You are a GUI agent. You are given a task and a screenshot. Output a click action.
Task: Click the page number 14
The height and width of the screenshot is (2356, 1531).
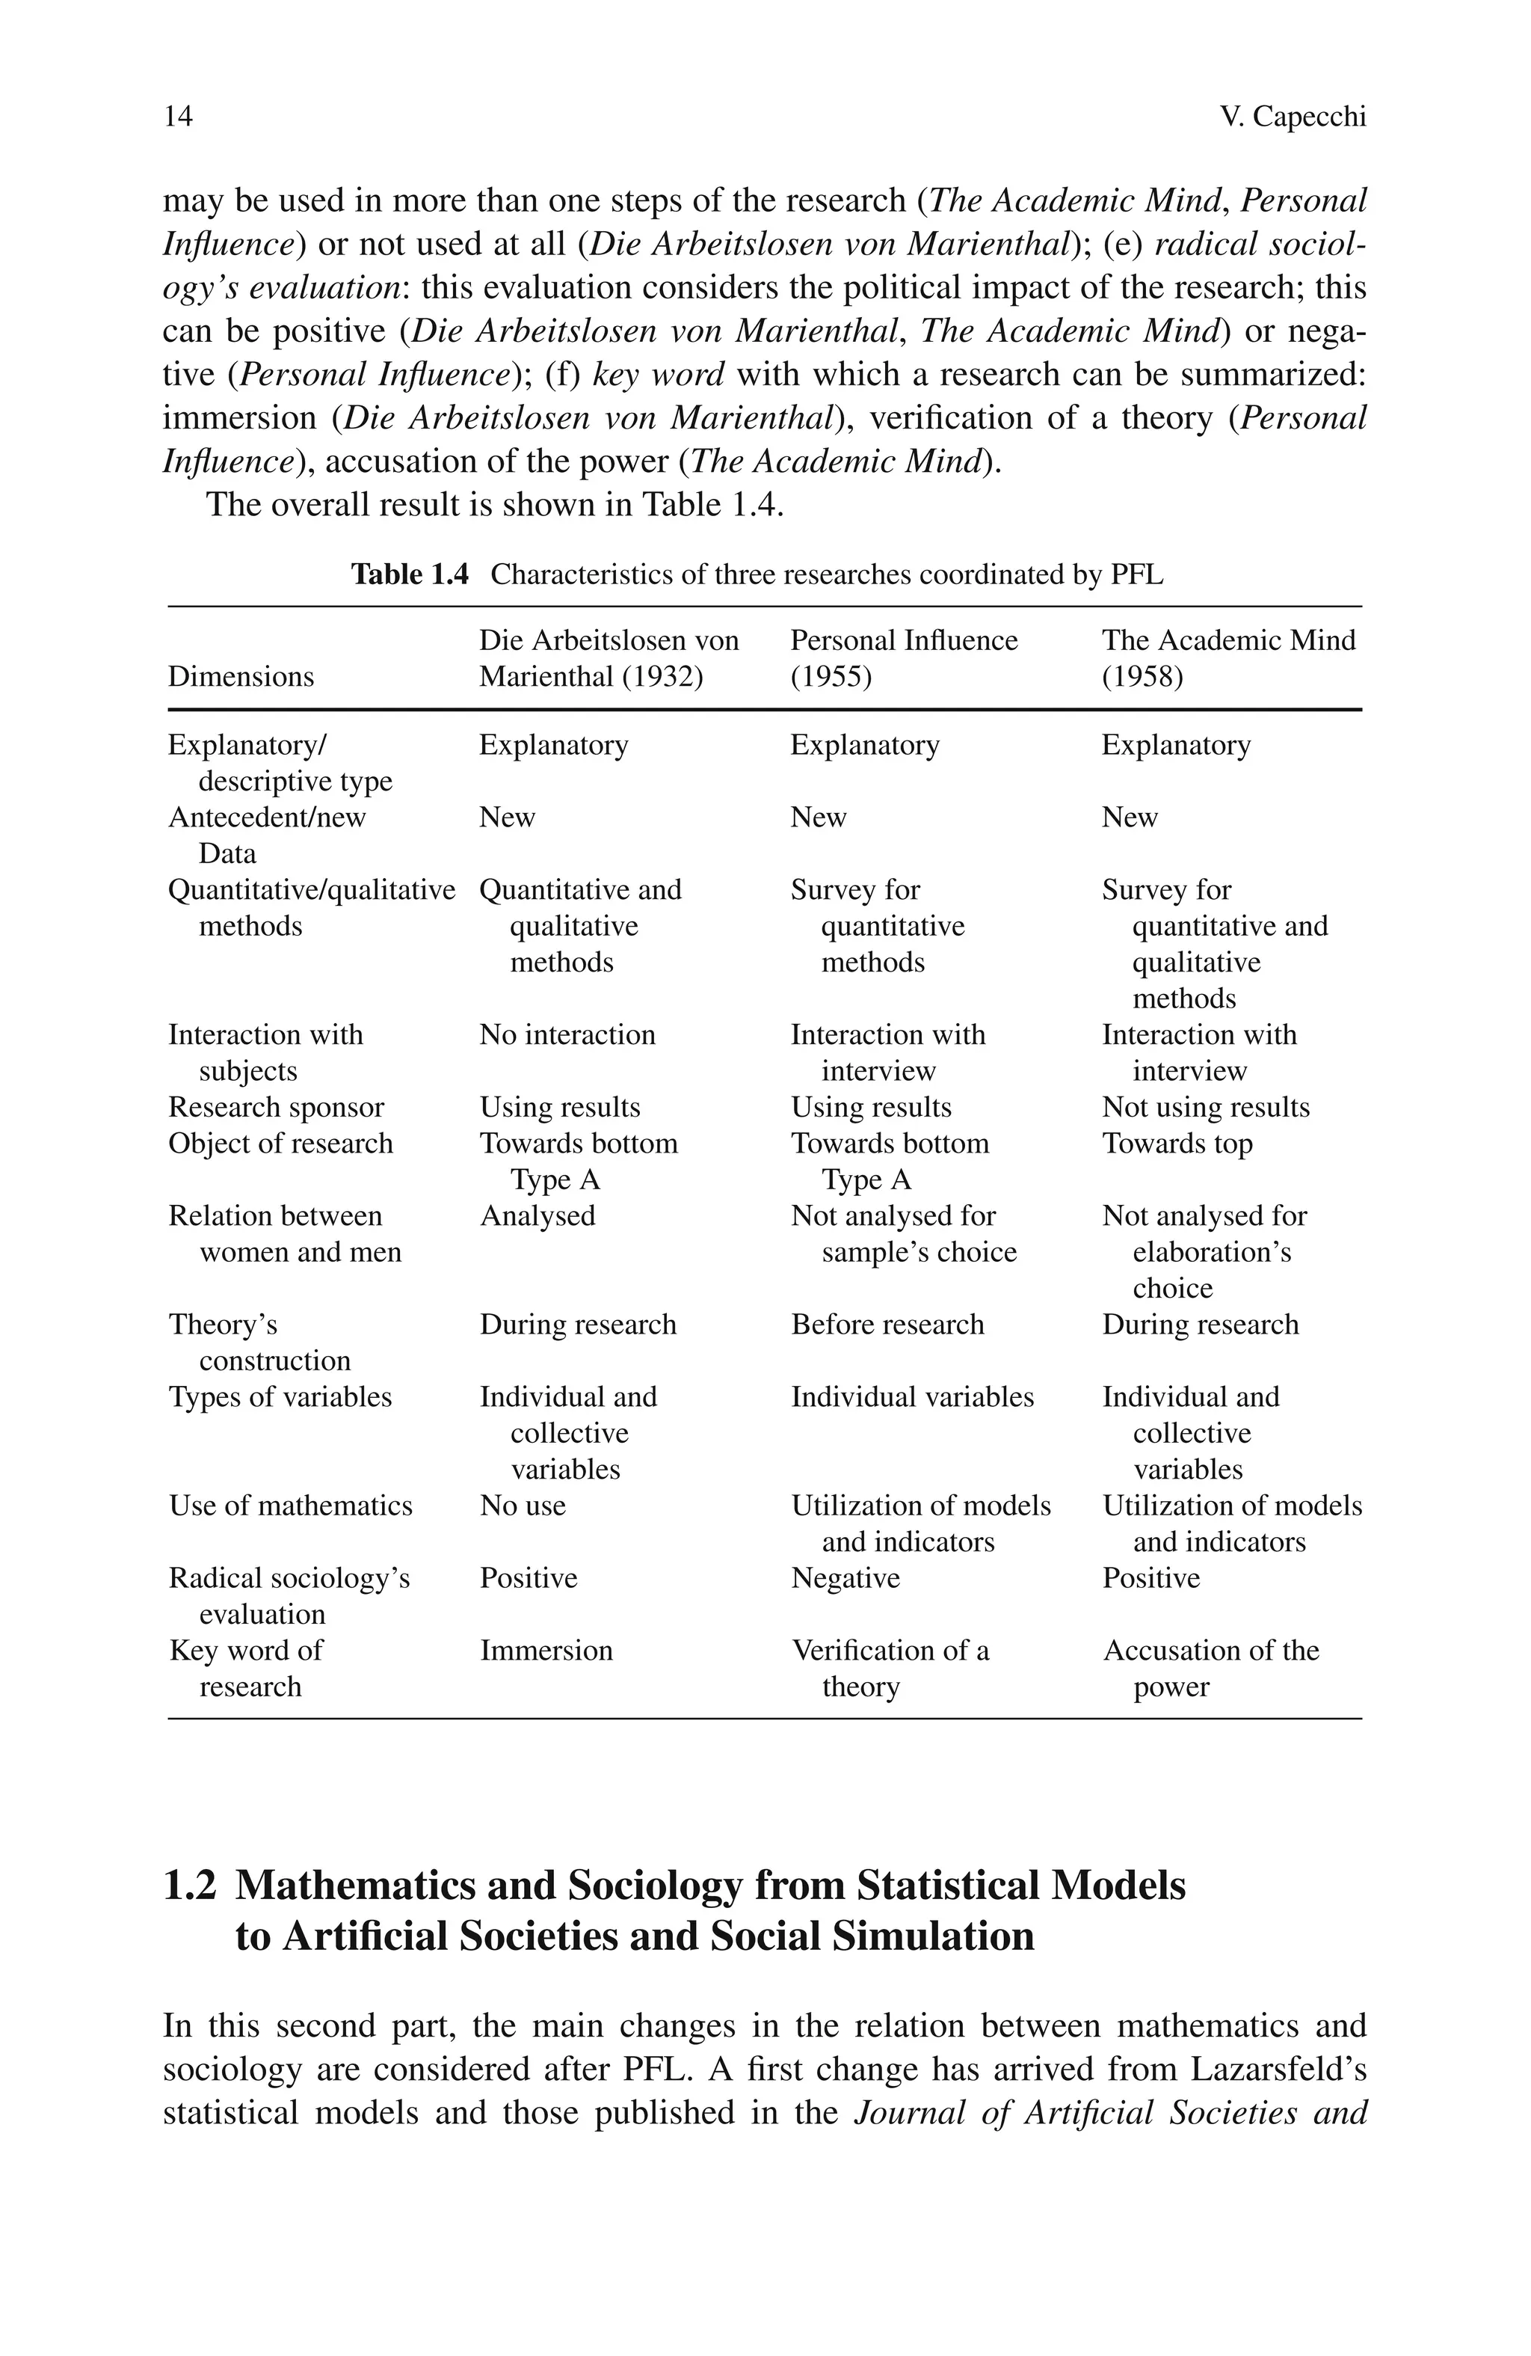pyautogui.click(x=178, y=117)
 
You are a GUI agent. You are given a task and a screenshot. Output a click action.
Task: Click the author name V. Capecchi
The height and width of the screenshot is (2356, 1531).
pyautogui.click(x=1292, y=117)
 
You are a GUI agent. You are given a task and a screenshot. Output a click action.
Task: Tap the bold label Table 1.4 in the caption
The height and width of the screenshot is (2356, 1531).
pyautogui.click(x=410, y=574)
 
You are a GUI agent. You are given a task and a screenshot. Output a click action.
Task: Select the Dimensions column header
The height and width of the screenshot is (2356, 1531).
pyautogui.click(x=241, y=676)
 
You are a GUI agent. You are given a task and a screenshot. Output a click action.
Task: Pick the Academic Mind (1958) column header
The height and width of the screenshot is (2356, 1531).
pyautogui.click(x=1227, y=658)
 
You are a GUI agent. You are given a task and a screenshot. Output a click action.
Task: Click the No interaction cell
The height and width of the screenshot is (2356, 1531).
pyautogui.click(x=567, y=1034)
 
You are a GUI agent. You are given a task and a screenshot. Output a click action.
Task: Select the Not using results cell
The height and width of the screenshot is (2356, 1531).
pyautogui.click(x=1205, y=1107)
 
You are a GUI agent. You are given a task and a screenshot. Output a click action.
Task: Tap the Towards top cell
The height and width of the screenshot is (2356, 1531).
pyautogui.click(x=1177, y=1144)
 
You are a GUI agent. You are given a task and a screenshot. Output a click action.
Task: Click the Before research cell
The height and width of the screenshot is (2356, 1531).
pyautogui.click(x=887, y=1325)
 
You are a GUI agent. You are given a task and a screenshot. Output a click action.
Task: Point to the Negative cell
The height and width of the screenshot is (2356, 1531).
pyautogui.click(x=845, y=1578)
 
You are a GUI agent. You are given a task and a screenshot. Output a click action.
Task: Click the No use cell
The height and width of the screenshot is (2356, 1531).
pyautogui.click(x=523, y=1506)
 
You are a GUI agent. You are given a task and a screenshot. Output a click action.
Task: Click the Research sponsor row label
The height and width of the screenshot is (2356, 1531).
pyautogui.click(x=276, y=1107)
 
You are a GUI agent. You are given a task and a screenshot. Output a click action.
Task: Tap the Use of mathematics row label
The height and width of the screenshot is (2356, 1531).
pyautogui.click(x=290, y=1506)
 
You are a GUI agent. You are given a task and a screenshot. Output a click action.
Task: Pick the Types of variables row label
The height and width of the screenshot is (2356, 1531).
pyautogui.click(x=280, y=1397)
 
